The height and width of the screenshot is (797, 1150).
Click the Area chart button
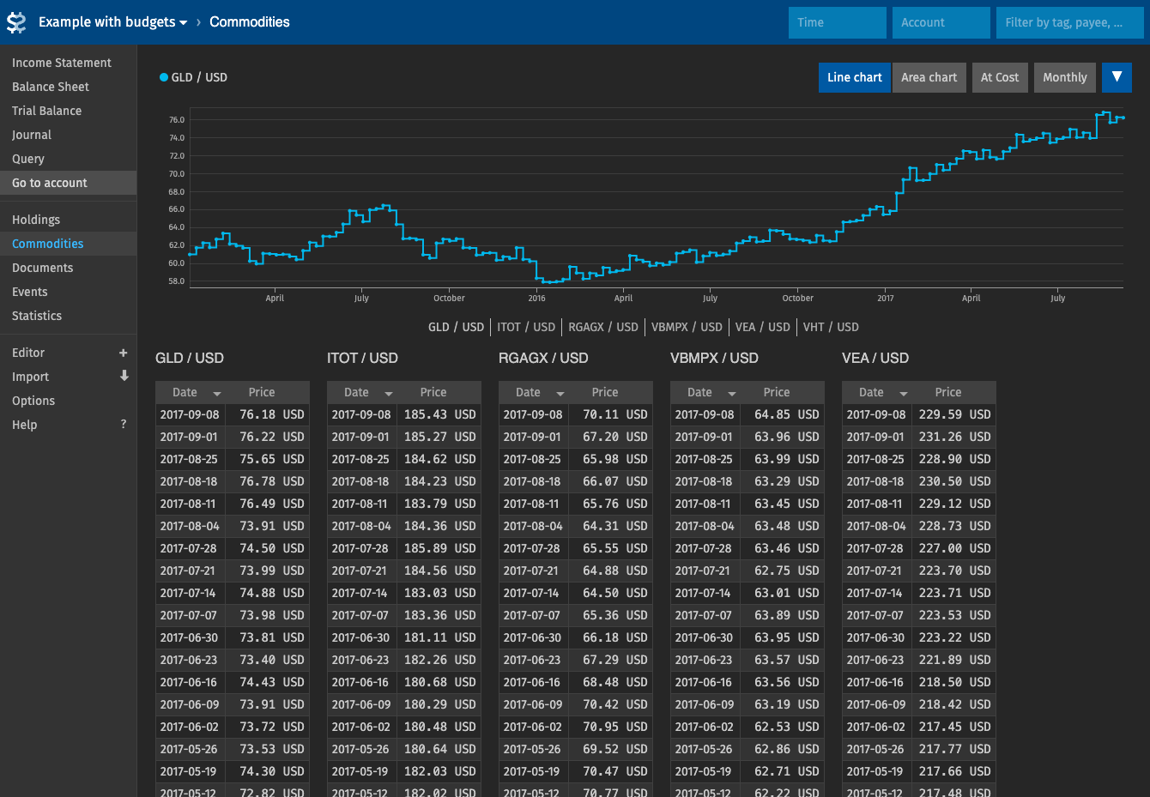pos(929,77)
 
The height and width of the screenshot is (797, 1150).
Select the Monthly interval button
pos(1064,77)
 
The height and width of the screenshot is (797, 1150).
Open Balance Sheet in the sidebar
pos(51,87)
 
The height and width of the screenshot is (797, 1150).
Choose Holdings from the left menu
pos(36,220)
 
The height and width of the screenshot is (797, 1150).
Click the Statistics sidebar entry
pos(37,316)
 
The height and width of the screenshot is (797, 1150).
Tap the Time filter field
pos(838,22)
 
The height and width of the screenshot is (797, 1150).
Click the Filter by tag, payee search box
pos(1070,22)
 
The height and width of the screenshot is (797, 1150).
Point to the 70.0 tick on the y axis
pos(177,174)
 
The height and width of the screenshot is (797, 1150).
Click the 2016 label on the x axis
pos(536,299)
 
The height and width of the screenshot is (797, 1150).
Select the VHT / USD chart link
pos(830,328)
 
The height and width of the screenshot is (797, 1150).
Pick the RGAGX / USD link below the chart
pos(602,328)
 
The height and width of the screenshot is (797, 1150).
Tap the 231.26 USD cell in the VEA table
pos(953,437)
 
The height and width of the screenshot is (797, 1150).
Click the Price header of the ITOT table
pos(433,392)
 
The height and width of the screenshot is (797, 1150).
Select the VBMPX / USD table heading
pos(714,359)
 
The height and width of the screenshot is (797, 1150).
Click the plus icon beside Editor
pos(124,353)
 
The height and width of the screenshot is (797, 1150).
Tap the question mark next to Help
pos(124,425)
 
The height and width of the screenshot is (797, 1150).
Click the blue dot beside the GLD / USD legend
pos(164,77)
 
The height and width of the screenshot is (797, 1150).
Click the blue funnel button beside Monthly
pos(1117,77)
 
